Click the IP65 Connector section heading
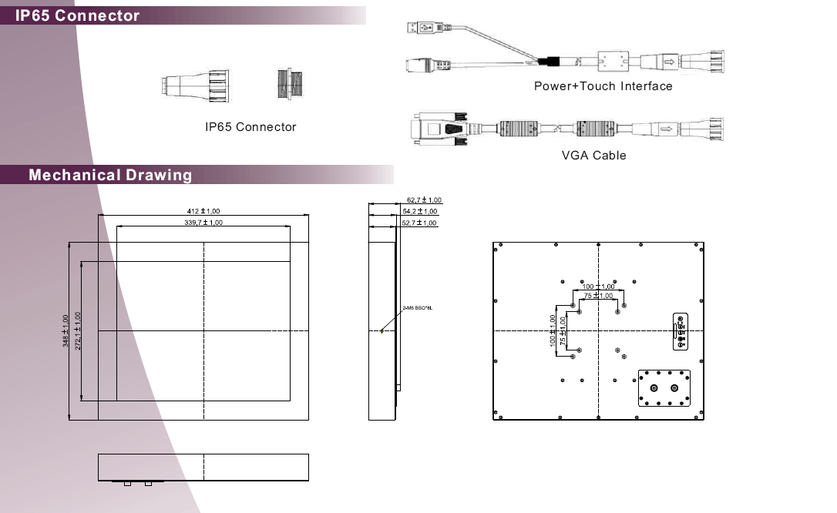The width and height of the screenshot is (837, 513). (78, 15)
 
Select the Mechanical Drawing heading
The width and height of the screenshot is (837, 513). (110, 175)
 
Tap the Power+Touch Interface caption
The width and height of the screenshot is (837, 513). (603, 86)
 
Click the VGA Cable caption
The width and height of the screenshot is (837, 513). (593, 156)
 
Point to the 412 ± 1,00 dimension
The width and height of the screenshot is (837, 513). (203, 211)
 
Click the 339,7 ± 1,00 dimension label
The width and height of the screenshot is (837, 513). (203, 223)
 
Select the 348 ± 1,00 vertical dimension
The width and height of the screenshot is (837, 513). (66, 330)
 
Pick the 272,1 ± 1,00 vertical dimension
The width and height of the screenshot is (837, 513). (77, 330)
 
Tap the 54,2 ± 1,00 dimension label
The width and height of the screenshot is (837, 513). (420, 211)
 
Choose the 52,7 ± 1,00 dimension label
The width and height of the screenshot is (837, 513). (420, 223)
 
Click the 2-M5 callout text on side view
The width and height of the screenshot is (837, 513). (418, 307)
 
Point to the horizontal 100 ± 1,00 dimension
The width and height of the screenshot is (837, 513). (598, 287)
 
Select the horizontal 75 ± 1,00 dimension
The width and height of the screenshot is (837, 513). (598, 296)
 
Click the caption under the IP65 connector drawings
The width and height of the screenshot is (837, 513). (250, 127)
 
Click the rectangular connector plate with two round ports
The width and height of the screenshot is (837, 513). (663, 388)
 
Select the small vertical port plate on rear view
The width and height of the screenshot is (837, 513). (681, 331)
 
